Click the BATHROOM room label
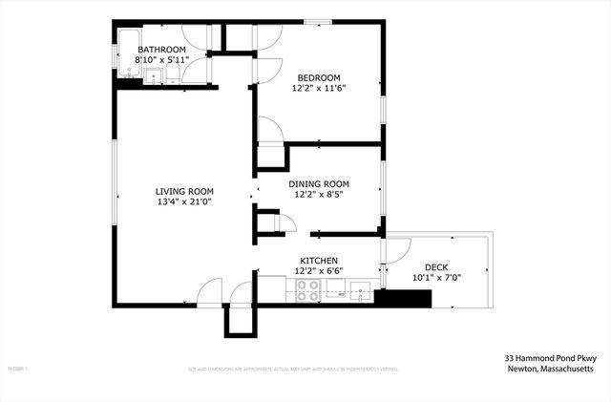[162, 49]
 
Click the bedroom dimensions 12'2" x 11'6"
[320, 88]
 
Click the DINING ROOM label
[319, 184]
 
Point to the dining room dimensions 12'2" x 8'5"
[319, 195]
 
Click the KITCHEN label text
[319, 261]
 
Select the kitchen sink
[360, 290]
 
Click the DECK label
[434, 267]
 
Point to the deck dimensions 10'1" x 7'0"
[434, 278]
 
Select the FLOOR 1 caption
[18, 368]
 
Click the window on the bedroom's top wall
[318, 21]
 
